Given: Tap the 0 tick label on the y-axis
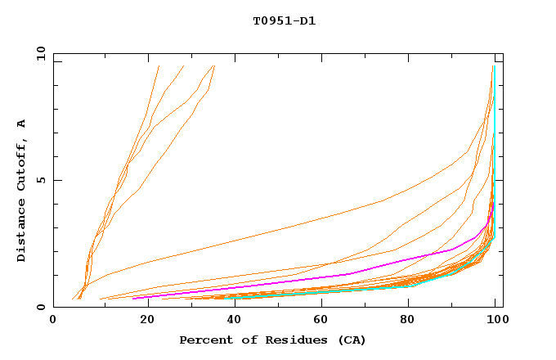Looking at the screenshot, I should pyautogui.click(x=40, y=308).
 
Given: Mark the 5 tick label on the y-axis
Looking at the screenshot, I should pyautogui.click(x=40, y=180).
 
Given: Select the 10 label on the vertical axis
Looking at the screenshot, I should pyautogui.click(x=37, y=53).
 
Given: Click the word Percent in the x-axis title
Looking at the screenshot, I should pyautogui.click(x=203, y=340).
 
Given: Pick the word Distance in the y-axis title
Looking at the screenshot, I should pyautogui.click(x=21, y=234).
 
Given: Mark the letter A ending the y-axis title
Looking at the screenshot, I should pyautogui.click(x=21, y=124).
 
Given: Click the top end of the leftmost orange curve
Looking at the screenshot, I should pyautogui.click(x=159, y=66).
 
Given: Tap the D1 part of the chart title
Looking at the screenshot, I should pyautogui.click(x=307, y=20).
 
